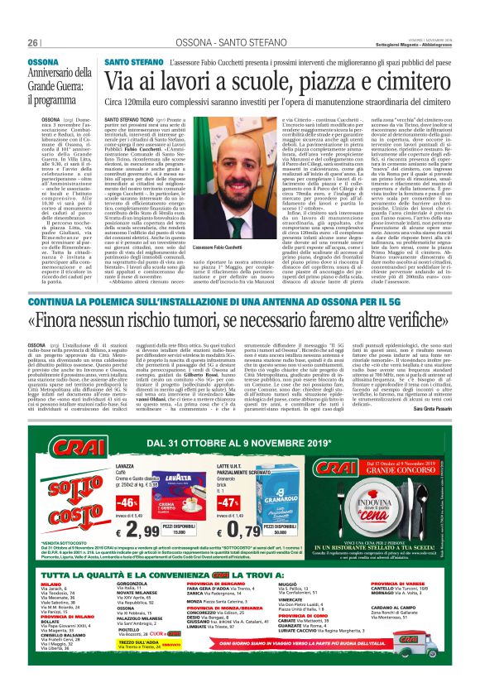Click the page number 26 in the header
[x=32, y=43]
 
